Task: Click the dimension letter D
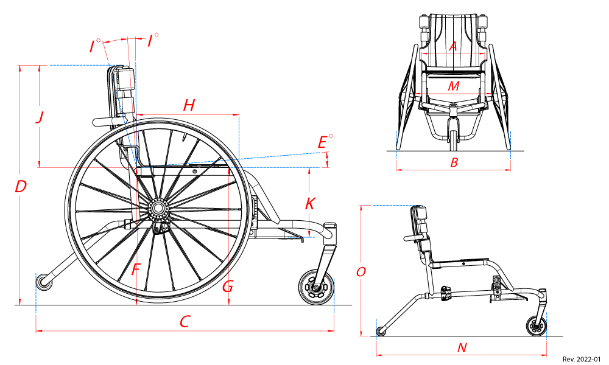(x=21, y=187)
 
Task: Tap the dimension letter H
(x=189, y=106)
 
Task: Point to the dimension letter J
(x=40, y=117)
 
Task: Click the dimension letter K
(x=310, y=203)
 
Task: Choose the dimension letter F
(x=136, y=269)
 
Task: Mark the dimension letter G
(x=228, y=286)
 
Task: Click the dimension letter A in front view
(x=452, y=46)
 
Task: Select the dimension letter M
(x=453, y=86)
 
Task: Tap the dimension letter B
(x=454, y=162)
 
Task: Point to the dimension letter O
(x=361, y=272)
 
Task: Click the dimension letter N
(x=462, y=348)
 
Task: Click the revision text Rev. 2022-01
(x=582, y=359)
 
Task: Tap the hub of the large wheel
(x=158, y=208)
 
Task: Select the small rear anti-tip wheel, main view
(x=43, y=282)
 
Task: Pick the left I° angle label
(x=94, y=46)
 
